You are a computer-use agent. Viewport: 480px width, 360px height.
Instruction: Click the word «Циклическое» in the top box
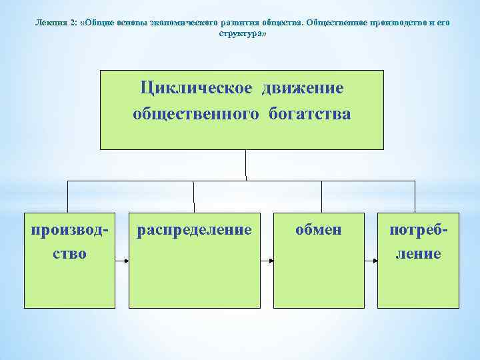[197, 89]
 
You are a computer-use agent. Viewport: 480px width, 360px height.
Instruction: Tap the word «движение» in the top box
[303, 89]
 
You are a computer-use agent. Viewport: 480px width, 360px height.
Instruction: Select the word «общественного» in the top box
[196, 114]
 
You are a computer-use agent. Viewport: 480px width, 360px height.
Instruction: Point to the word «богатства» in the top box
[310, 114]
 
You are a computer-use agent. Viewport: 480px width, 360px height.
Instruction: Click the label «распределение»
[194, 230]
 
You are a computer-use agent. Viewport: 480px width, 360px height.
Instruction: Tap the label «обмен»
[319, 230]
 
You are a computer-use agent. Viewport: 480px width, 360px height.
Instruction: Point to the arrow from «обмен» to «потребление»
[371, 261]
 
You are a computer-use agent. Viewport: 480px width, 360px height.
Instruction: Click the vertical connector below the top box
[246, 165]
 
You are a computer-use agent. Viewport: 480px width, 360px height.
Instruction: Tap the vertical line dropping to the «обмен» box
[322, 197]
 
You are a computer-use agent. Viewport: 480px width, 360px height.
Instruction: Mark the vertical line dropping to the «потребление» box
[415, 197]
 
